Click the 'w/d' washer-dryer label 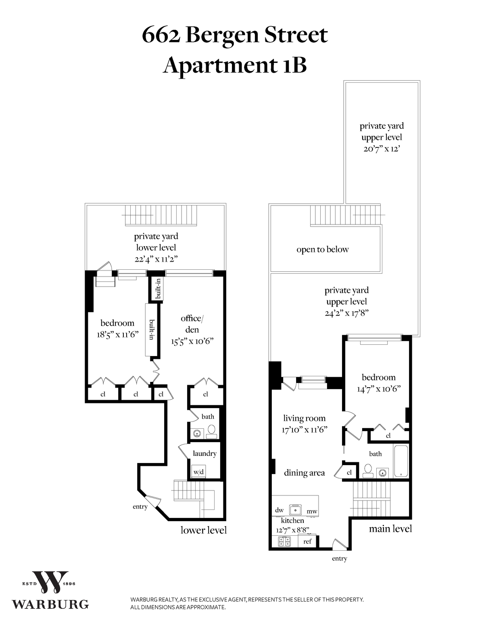[x=198, y=472]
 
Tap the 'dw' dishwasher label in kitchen [x=279, y=510]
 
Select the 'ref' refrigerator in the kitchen [x=307, y=541]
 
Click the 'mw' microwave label [x=312, y=511]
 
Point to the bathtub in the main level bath [x=401, y=461]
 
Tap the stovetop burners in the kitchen [x=282, y=541]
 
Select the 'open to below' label [x=322, y=250]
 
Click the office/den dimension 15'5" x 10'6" [x=192, y=341]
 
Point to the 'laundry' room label [x=204, y=453]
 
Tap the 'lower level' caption [x=203, y=530]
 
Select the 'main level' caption [x=390, y=528]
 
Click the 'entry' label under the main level [x=339, y=558]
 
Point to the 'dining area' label [x=304, y=473]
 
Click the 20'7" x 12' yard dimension [x=382, y=149]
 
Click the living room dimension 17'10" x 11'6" [x=304, y=430]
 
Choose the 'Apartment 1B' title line [x=235, y=66]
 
